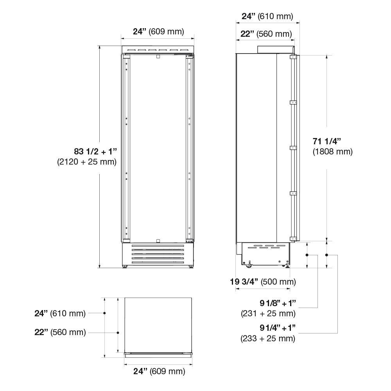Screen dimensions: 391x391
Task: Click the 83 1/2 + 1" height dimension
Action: pos(95,151)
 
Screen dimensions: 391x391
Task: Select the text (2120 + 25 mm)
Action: pos(87,161)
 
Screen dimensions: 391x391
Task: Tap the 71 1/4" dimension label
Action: pos(327,141)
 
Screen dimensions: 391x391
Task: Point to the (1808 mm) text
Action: pos(332,152)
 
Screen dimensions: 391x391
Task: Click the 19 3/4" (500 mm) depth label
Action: pos(263,282)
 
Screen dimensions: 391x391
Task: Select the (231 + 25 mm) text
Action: pos(268,313)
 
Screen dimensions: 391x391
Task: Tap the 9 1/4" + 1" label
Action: pos(278,328)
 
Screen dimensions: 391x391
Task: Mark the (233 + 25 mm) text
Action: pos(268,338)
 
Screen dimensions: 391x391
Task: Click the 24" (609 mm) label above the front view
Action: pos(158,32)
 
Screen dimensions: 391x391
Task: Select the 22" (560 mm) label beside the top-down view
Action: pos(60,332)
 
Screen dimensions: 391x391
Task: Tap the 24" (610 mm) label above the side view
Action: pos(267,16)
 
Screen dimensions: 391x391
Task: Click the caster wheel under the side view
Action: pos(248,266)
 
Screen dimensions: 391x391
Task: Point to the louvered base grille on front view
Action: pos(158,255)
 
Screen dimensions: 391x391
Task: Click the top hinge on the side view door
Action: pos(293,57)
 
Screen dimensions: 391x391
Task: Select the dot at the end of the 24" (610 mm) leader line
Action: pos(105,313)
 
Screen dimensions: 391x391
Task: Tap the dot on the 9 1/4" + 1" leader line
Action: pos(327,255)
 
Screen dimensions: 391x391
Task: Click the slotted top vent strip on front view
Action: pos(158,50)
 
